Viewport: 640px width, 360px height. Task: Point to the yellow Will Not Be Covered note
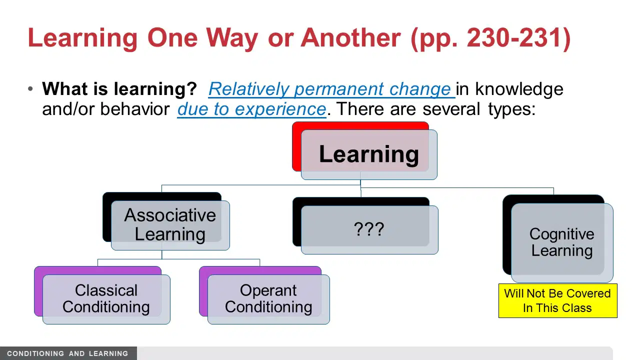pos(557,300)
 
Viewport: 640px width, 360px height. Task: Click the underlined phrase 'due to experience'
pos(251,109)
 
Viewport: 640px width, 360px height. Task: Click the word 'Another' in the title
pos(351,38)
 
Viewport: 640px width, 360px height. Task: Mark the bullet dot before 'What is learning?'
pos(30,89)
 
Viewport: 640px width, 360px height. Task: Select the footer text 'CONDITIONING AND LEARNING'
pos(67,353)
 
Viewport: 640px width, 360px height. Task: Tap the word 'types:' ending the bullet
pos(511,109)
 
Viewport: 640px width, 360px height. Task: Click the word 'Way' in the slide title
pos(232,38)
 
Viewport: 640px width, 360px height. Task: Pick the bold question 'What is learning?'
pos(119,89)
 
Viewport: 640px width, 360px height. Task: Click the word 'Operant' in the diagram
pos(268,290)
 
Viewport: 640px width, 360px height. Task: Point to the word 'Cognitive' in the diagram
pos(561,234)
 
